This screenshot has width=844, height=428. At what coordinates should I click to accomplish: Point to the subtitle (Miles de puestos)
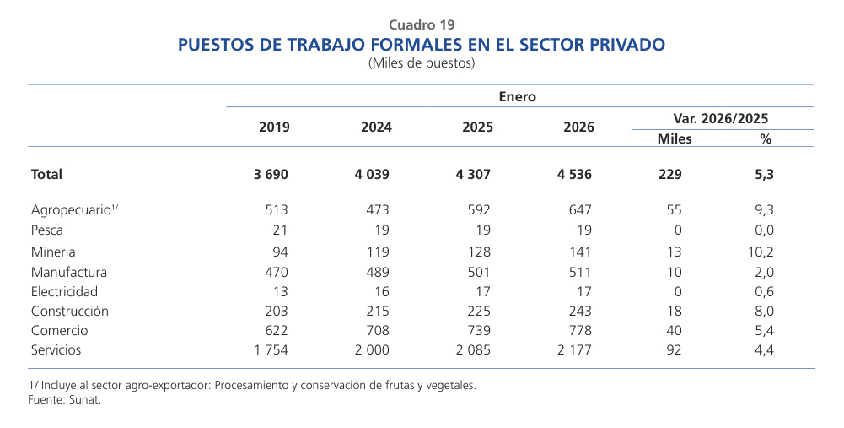422,62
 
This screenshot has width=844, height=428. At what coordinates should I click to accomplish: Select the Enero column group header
517,97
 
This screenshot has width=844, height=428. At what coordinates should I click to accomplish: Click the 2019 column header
274,127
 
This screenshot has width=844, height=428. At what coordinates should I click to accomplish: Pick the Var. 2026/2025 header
721,119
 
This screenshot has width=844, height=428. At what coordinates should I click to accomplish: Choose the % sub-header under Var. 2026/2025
765,138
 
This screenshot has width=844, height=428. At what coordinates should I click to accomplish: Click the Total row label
46,175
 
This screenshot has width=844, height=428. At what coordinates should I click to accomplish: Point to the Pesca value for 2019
280,230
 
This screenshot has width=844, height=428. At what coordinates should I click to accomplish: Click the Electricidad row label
63,291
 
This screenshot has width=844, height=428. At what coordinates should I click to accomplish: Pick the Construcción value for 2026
578,311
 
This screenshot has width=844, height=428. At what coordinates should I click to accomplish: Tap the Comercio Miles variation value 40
674,330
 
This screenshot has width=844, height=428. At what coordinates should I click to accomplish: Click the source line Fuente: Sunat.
65,400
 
